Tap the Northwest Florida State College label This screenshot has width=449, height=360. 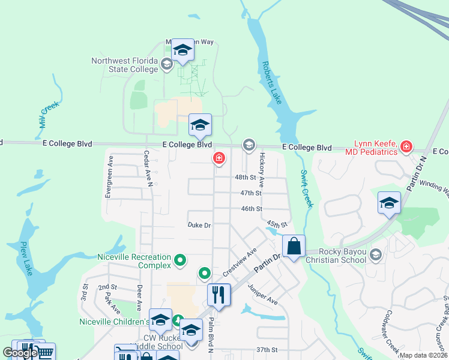(124, 65)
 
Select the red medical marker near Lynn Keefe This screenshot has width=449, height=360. (406, 146)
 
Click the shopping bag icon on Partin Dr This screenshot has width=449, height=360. (294, 246)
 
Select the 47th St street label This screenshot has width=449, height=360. (251, 193)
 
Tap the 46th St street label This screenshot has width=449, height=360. (252, 209)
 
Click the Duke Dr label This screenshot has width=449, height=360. (199, 226)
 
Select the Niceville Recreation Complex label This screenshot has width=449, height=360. (134, 261)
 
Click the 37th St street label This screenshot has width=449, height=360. (266, 349)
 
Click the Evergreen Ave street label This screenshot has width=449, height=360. (109, 177)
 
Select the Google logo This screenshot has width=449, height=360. (20, 353)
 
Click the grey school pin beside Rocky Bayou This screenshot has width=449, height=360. (376, 254)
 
